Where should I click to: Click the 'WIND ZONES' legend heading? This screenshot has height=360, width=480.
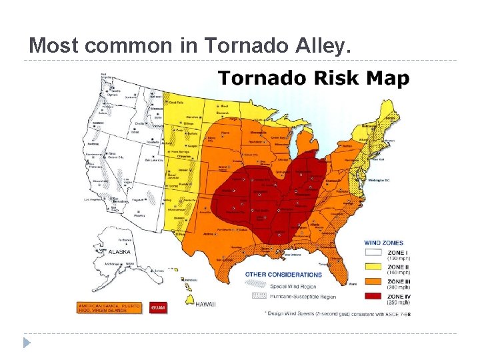[x=383, y=243]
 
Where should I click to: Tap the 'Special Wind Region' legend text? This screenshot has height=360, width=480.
[x=294, y=285]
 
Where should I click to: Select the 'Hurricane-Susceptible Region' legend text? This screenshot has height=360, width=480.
[x=303, y=297]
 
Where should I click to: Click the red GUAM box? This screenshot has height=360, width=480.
[x=158, y=307]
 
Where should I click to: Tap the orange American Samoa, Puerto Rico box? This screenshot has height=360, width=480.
[x=109, y=307]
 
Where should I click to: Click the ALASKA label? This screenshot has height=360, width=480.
[x=119, y=252]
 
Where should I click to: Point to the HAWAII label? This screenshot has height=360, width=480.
[x=205, y=304]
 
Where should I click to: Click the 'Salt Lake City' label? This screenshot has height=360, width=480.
[x=155, y=160]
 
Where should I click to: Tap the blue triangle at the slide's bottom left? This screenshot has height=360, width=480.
[x=26, y=343]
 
